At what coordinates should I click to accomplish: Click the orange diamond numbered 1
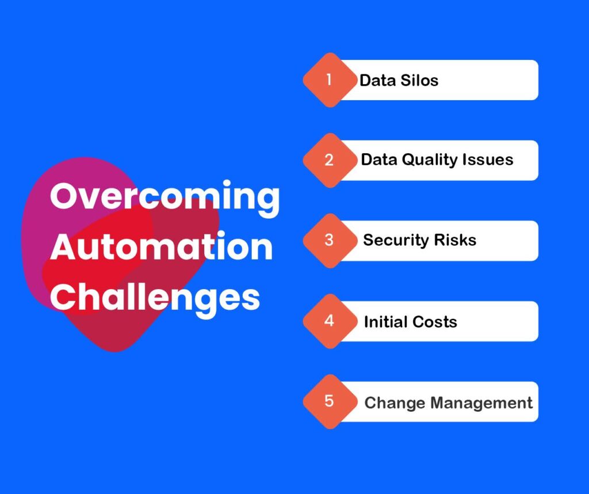pyautogui.click(x=330, y=80)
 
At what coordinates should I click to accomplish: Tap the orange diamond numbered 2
pyautogui.click(x=330, y=160)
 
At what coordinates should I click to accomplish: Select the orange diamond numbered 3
pyautogui.click(x=330, y=241)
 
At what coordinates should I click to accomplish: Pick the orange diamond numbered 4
pyautogui.click(x=330, y=321)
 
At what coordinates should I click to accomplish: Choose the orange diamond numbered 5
pyautogui.click(x=330, y=401)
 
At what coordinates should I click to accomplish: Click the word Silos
pyautogui.click(x=419, y=81)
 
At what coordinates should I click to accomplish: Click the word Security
pyautogui.click(x=396, y=241)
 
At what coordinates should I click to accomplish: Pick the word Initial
pyautogui.click(x=385, y=322)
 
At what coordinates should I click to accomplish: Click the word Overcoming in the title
pyautogui.click(x=165, y=197)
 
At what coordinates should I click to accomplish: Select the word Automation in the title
pyautogui.click(x=162, y=246)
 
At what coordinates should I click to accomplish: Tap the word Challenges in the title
pyautogui.click(x=155, y=298)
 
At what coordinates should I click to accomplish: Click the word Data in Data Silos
pyautogui.click(x=377, y=81)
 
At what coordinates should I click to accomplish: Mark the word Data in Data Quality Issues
pyautogui.click(x=379, y=160)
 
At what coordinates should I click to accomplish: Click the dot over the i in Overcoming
pyautogui.click(x=227, y=184)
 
